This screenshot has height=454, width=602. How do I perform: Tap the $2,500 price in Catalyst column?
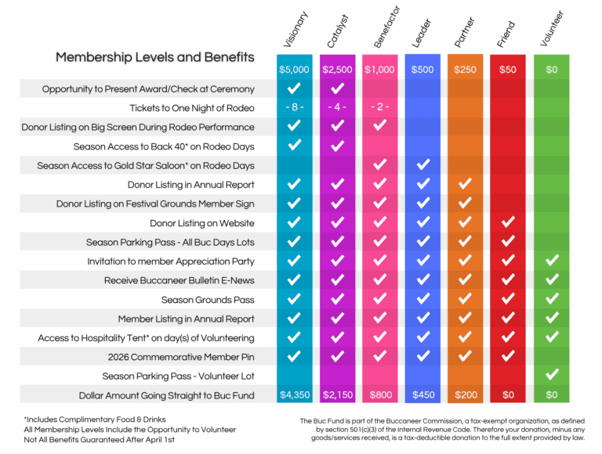point(338,70)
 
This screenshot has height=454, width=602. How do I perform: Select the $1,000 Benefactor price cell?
point(380,70)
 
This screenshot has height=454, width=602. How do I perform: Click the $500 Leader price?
point(422,70)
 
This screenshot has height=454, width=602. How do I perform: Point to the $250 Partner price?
point(465,70)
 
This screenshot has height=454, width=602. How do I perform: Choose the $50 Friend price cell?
point(508,70)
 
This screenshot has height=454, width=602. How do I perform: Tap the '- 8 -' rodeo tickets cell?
point(295,108)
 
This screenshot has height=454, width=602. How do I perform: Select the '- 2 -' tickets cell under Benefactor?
point(380,108)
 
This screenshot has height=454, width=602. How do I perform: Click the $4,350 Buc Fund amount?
point(295,395)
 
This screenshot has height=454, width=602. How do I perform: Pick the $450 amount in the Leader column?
point(422,395)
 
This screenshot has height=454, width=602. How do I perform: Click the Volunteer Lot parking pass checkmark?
point(552,376)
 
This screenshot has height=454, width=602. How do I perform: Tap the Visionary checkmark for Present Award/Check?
point(295,88)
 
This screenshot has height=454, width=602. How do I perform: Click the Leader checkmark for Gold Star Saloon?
point(422,165)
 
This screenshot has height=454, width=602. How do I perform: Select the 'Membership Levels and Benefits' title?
point(154,57)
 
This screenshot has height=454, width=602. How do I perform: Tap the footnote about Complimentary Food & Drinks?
point(96,420)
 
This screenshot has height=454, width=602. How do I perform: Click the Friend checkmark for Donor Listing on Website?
point(508,223)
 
